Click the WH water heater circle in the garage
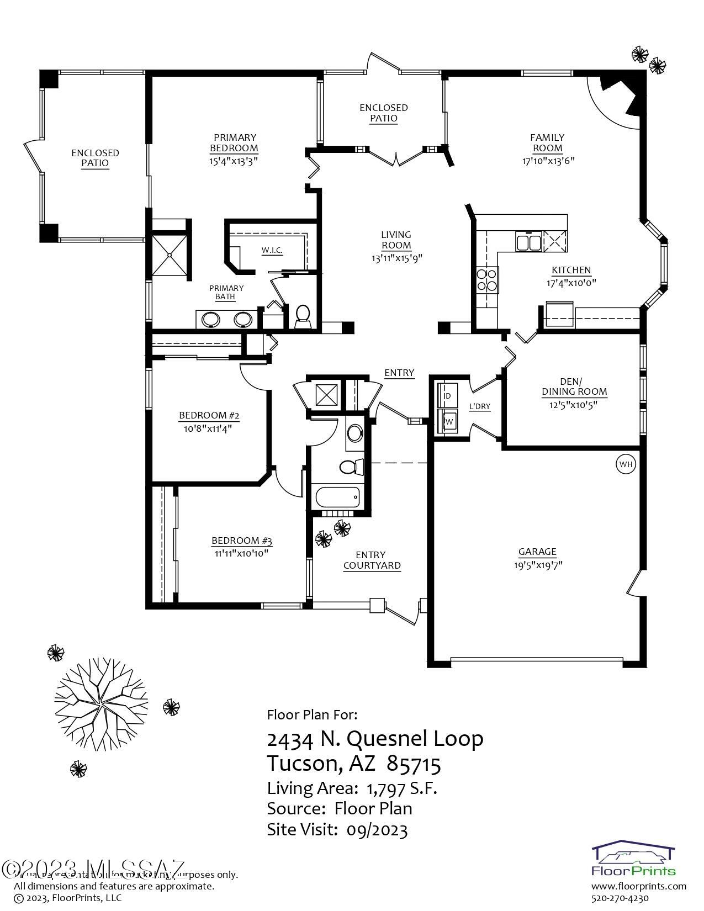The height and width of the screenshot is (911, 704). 626,464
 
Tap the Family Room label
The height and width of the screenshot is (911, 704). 547,142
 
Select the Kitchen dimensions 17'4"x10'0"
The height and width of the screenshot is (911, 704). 571,283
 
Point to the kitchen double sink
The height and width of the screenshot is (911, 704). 528,241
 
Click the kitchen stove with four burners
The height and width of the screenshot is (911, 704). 487,279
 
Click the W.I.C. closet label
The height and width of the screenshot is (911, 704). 272,251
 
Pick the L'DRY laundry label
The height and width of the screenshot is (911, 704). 479,407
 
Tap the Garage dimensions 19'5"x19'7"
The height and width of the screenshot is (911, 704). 537,565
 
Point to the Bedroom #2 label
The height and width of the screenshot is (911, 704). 209,415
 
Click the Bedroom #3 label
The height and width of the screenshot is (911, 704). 242,541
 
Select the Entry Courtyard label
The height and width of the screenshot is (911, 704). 372,560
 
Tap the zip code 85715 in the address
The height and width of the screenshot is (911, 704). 414,764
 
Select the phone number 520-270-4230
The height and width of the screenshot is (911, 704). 620,898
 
